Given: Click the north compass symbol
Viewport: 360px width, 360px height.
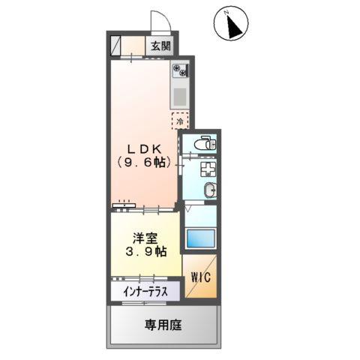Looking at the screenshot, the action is pos(231,24).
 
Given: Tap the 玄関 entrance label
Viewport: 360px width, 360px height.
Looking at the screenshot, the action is pos(161,46).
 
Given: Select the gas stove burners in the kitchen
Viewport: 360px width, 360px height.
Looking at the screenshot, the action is pos(181,70).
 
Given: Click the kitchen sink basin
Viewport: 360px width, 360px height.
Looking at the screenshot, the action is pos(180,97).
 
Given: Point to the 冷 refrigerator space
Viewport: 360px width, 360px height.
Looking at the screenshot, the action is pos(180,121).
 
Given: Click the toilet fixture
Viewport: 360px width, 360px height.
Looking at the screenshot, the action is pos(205,143).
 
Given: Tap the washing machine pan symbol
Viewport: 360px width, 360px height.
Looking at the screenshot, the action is pos(208,169).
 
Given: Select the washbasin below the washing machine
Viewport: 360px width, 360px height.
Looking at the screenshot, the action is pos(210,190).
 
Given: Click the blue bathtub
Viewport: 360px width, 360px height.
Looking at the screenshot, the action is pos(201,238).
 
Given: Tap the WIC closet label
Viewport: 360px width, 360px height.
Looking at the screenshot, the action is pos(201,277).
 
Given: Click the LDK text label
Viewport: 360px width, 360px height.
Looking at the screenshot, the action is pos(145,149).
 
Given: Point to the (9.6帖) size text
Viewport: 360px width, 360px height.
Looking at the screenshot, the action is pos(145,163).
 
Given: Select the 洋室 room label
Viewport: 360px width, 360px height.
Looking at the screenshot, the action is pos(145,238).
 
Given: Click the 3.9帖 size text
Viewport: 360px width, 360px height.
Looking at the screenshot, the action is pos(146,252).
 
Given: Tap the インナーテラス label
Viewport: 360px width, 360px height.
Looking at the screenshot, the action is pos(145,292).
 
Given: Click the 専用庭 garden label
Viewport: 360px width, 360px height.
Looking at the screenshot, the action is pos(163,325).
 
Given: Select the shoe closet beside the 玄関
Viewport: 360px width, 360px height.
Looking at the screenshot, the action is pos(115,46).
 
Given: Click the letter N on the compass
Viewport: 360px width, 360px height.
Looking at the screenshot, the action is pos(226,12).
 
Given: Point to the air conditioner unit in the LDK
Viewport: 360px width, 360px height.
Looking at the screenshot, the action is pos(124,205).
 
